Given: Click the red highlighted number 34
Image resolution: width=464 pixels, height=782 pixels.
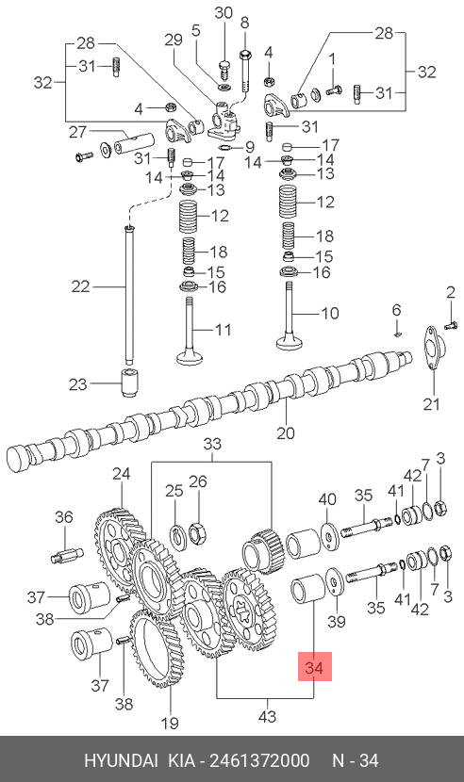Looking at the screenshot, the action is [315, 667].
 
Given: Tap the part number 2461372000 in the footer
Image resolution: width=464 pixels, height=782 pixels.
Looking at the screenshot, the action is [259, 761].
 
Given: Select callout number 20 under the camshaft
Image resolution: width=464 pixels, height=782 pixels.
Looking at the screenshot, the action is [286, 432].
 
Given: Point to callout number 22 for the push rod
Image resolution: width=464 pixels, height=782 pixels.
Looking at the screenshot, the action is [80, 286].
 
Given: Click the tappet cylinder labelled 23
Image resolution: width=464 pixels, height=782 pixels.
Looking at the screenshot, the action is [131, 383].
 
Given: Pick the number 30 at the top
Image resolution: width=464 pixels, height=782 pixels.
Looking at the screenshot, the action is [224, 12].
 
